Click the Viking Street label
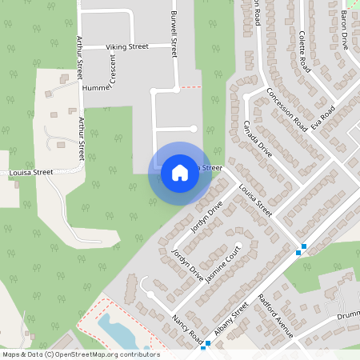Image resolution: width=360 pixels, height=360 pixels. point(127,47)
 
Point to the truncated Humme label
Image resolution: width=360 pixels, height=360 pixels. point(94,87)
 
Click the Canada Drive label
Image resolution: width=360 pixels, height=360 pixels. point(260,143)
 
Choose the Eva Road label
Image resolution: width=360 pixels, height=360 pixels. point(322,116)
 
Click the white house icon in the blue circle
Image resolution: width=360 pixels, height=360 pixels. point(180,173)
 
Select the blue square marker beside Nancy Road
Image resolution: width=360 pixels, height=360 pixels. point(207,345)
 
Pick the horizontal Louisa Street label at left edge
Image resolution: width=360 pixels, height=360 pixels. point(32,172)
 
